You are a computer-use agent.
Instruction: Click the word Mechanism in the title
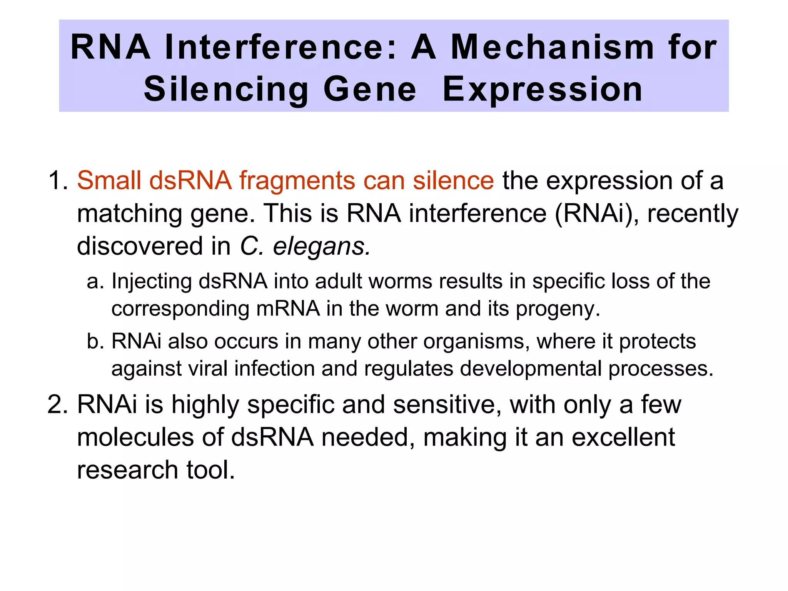(x=552, y=48)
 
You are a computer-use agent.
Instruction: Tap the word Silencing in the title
(x=226, y=89)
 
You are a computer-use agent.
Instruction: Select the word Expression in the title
(x=543, y=89)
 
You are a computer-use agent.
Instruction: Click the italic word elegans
(x=321, y=246)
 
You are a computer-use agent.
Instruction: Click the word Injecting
(x=151, y=282)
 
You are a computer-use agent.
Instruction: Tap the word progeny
(x=557, y=309)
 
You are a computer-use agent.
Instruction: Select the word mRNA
(x=288, y=309)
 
